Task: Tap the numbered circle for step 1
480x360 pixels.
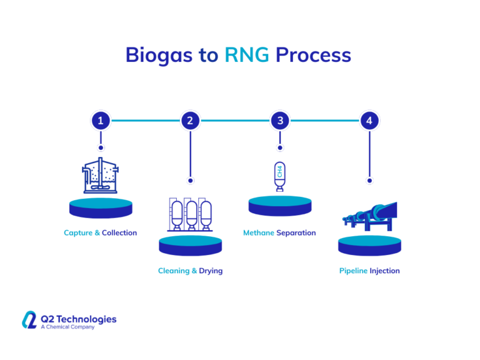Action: coord(101,121)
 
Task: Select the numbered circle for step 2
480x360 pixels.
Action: coord(190,121)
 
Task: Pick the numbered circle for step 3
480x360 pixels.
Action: coord(280,121)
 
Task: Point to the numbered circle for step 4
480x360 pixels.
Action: coord(369,121)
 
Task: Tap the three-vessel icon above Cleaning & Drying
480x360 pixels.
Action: coord(190,214)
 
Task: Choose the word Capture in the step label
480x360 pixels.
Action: coord(78,233)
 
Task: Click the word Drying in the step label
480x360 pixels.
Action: coord(211,271)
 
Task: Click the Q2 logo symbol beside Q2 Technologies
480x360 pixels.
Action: coord(30,320)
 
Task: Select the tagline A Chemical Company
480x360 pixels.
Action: coord(67,327)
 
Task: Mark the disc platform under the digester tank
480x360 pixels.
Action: coord(101,207)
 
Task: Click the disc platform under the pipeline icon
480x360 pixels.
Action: coord(369,245)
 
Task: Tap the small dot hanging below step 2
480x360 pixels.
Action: coord(190,180)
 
